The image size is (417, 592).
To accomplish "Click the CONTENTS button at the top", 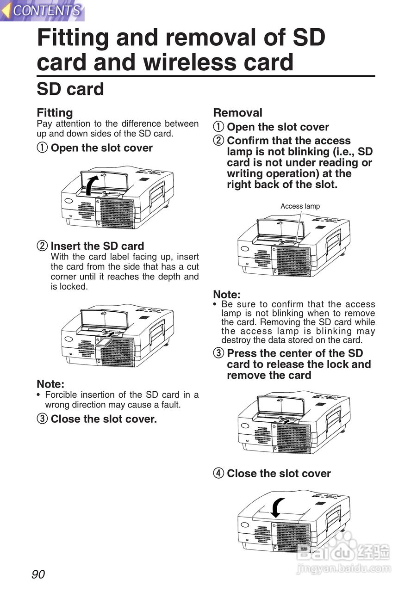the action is tap(42, 11).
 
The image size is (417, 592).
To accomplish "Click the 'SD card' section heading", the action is tap(70, 89).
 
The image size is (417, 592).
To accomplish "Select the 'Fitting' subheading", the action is tap(55, 112).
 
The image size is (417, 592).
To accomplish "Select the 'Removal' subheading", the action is tap(238, 112).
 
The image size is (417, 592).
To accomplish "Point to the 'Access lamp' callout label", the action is tap(300, 206).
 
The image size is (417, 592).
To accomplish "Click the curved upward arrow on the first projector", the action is tap(92, 185).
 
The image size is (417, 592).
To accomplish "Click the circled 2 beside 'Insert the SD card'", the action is tap(42, 246).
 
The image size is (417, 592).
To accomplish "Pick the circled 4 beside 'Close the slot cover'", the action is tap(218, 473).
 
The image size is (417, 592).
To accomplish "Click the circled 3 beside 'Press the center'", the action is tap(218, 353).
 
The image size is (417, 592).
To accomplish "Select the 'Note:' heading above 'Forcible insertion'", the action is tap(50, 384).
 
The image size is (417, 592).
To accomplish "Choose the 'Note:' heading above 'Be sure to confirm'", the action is tap(227, 294).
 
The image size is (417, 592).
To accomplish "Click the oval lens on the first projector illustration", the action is tap(68, 201).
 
